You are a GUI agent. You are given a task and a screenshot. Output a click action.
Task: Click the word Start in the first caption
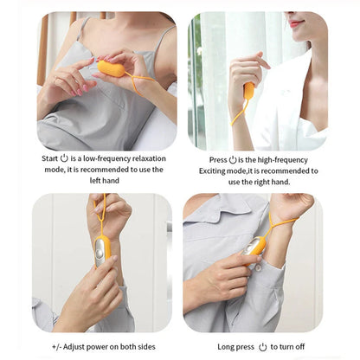coord(50,160)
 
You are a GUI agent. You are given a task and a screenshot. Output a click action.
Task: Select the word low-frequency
coord(105,160)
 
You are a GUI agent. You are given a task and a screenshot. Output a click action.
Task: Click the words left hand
coord(107,183)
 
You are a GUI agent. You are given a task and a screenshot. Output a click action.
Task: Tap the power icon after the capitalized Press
coord(233,160)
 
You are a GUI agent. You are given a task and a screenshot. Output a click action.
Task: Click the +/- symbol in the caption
coord(57,346)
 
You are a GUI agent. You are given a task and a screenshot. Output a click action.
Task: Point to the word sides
coord(150,346)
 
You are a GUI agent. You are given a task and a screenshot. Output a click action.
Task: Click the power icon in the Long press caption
coord(262,346)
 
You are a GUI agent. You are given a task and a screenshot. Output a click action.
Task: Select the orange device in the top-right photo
coord(249,91)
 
